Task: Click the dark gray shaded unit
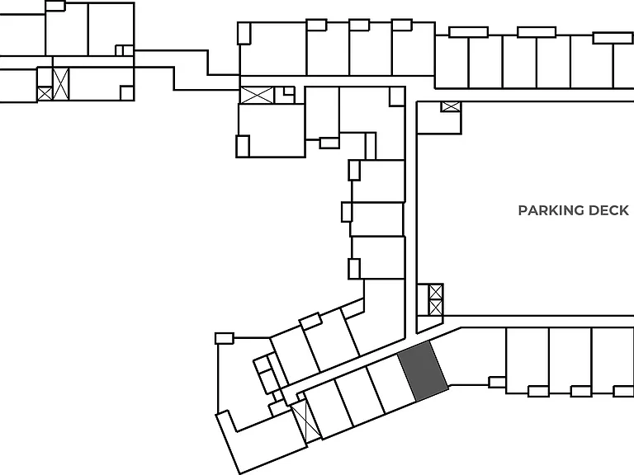pos(423,371)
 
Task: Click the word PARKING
pos(551,210)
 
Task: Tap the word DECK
pos(608,210)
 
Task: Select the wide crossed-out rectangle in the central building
pos(258,96)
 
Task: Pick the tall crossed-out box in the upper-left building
pos(61,84)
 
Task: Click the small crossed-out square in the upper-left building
pos(45,93)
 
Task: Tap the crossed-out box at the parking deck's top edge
pos(451,106)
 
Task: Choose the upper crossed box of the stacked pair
pos(436,292)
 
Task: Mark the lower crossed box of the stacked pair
pos(436,308)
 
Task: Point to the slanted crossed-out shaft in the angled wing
pos(306,421)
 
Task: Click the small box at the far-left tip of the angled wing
pos(225,338)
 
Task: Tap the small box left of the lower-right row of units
pos(497,382)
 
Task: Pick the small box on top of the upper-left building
pos(55,6)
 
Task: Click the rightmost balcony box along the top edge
pos(613,38)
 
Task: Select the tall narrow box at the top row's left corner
pos(244,33)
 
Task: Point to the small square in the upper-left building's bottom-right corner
pos(126,93)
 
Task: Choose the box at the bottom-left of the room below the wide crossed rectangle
pos(243,146)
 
